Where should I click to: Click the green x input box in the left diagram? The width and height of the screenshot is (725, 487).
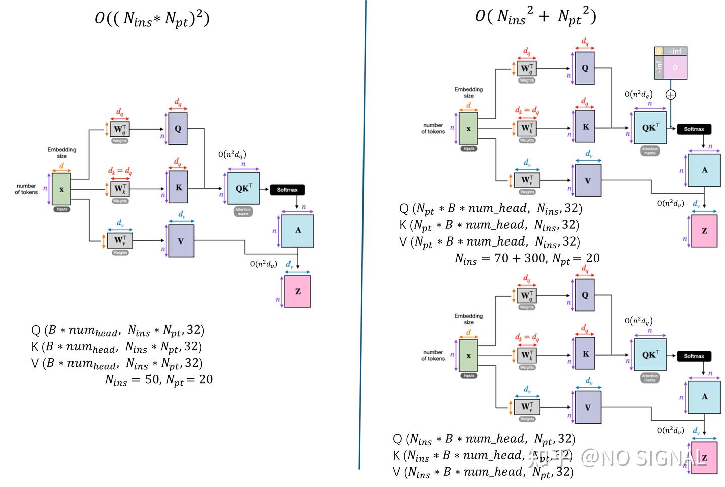pos(61,189)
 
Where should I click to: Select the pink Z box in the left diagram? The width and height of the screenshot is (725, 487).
pos(298,291)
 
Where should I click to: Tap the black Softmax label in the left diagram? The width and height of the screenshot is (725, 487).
pos(287,190)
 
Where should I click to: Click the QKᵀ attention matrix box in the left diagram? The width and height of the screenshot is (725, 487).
pos(243,188)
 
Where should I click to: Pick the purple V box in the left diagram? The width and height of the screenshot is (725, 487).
pos(181,241)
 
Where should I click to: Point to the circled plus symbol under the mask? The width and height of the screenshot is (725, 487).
pos(671,95)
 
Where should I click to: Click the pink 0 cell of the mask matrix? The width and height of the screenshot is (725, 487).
pos(675,68)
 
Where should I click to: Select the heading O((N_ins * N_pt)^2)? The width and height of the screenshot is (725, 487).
pos(152,19)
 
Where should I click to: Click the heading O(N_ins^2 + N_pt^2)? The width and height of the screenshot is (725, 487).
pos(536,17)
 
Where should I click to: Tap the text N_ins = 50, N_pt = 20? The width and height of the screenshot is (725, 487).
pos(159,380)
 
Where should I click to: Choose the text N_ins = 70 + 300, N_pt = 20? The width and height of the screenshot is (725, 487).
pos(527,259)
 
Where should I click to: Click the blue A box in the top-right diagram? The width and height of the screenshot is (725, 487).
pos(704,170)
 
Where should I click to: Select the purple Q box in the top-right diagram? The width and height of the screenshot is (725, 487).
pos(585,68)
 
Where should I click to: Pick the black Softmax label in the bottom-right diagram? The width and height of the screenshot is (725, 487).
pos(694,356)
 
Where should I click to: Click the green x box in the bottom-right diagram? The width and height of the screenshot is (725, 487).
pos(468,355)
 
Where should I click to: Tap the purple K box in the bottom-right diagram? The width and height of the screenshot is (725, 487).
pos(586,354)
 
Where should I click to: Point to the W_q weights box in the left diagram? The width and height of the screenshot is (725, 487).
pos(120,129)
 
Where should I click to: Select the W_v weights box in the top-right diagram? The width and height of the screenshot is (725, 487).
pos(527,180)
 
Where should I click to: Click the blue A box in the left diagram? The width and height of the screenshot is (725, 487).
pos(298,230)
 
